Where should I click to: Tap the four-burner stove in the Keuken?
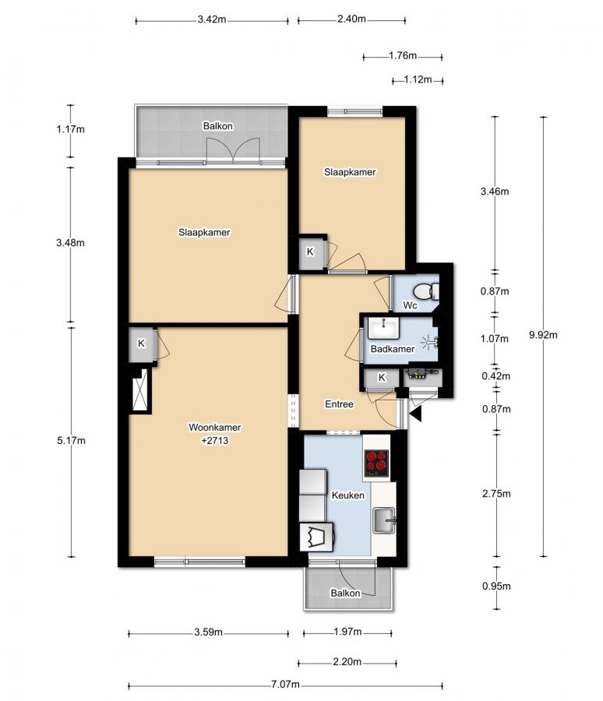pyautogui.click(x=376, y=463)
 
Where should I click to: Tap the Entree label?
pyautogui.click(x=339, y=404)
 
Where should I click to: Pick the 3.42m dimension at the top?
pyautogui.click(x=212, y=19)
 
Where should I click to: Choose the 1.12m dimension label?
pyautogui.click(x=418, y=79)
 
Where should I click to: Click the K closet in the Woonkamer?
pyautogui.click(x=142, y=343)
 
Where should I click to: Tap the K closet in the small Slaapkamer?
pyautogui.click(x=309, y=252)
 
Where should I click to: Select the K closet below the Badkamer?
pyautogui.click(x=381, y=378)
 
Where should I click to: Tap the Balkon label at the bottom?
pyautogui.click(x=345, y=593)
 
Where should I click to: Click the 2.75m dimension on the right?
pyautogui.click(x=495, y=493)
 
